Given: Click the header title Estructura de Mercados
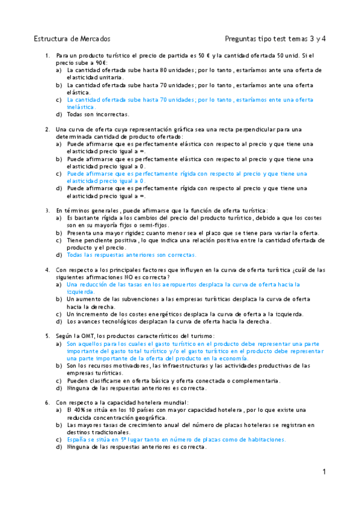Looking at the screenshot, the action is (72, 38).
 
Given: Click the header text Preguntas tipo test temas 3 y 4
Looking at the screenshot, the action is (275, 38).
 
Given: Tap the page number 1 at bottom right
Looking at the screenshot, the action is (323, 472).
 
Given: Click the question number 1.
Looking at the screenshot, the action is (47, 56).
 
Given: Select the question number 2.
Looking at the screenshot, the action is (47, 129).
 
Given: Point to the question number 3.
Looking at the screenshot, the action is (47, 210).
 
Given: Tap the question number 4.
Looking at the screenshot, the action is (47, 269).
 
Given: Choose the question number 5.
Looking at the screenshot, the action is (47, 335).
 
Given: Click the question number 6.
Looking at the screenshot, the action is (47, 402).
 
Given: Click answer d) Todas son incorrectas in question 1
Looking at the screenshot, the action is (94, 114).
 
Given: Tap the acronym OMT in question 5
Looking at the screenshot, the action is (92, 335).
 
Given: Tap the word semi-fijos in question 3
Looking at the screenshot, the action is (154, 226).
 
